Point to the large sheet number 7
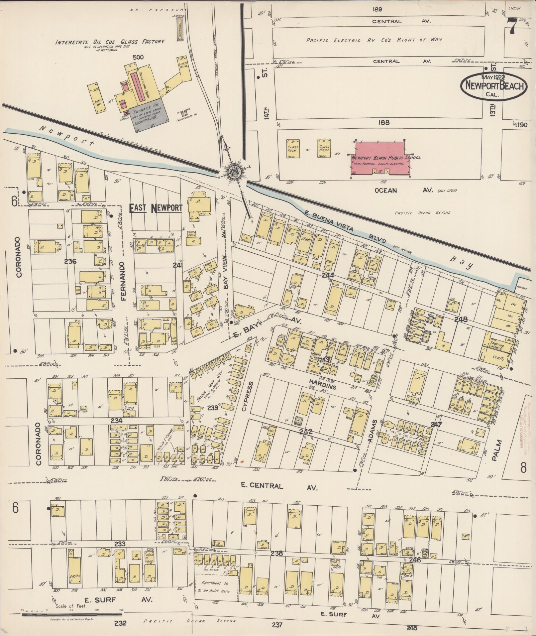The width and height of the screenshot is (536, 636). (x=512, y=26)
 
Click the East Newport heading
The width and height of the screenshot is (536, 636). (x=156, y=208)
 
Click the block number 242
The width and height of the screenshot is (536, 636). (x=306, y=432)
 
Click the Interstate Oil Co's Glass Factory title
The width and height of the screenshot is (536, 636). (x=110, y=42)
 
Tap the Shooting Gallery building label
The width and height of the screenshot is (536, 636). (x=497, y=347)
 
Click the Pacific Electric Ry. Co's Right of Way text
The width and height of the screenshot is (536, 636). (x=374, y=40)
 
